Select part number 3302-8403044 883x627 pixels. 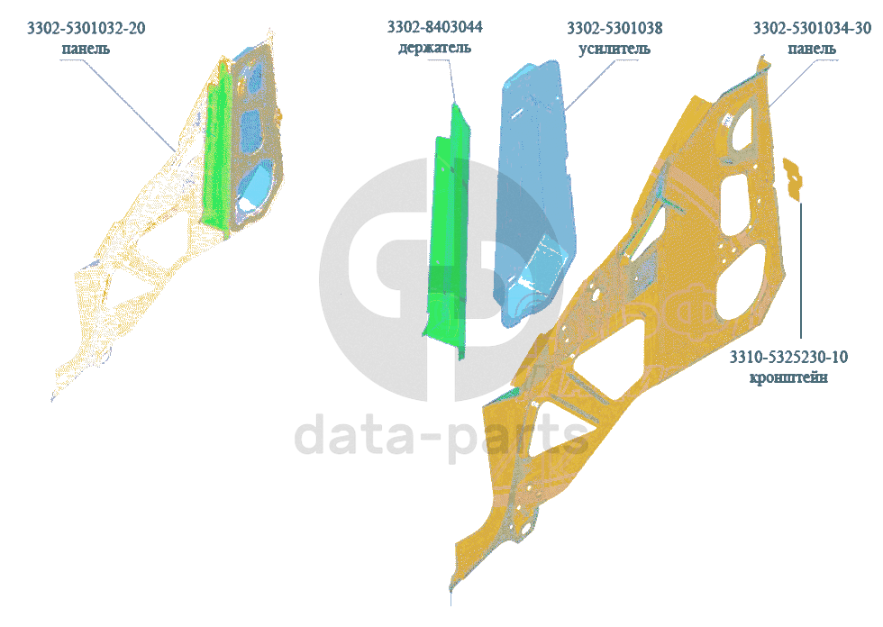[x=434, y=27]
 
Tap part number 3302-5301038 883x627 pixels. [x=614, y=28]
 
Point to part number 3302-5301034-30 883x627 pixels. [x=812, y=29]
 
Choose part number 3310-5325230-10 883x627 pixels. [x=789, y=358]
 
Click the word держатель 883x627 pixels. [x=434, y=47]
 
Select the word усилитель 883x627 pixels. [x=614, y=48]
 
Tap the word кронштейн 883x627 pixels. [x=789, y=377]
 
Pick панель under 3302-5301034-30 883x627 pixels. [x=811, y=49]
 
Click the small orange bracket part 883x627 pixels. [x=793, y=177]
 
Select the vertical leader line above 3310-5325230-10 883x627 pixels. [x=800, y=270]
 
